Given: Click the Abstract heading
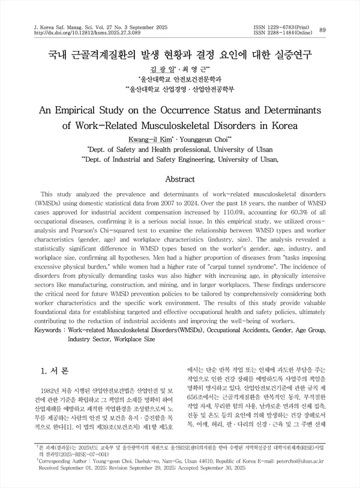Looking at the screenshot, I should [179, 179].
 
